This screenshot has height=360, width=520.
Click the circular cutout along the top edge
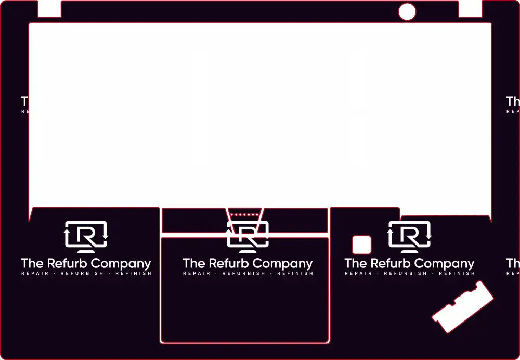(407, 11)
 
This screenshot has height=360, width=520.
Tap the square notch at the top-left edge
(49, 8)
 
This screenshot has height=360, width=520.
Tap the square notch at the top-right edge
(470, 8)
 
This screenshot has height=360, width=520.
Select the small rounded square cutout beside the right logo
(361, 245)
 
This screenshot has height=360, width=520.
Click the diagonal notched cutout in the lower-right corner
(463, 306)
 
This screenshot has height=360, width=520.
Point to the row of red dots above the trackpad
(244, 214)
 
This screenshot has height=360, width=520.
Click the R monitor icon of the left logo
(86, 235)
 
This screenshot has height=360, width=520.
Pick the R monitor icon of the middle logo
(248, 235)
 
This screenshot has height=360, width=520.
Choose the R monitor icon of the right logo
(410, 235)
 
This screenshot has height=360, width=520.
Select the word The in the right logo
(356, 263)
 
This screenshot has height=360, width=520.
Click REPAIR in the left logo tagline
(35, 273)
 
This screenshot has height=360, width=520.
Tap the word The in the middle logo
(194, 263)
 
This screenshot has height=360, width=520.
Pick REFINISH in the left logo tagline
(133, 273)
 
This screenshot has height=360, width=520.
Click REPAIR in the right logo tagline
(358, 273)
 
